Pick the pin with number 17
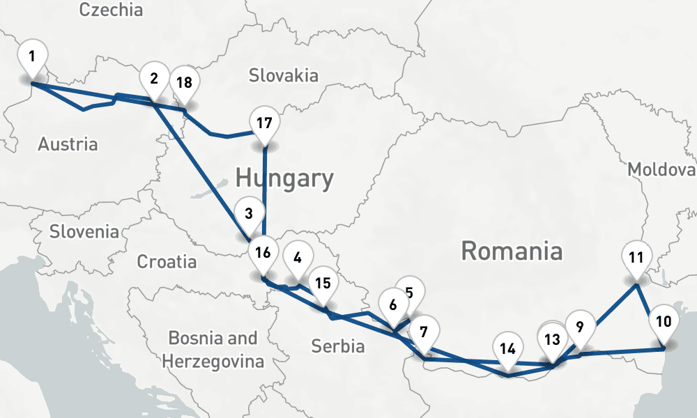point(263,124)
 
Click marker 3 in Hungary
point(249,211)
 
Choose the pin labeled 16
point(263,253)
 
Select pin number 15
point(322,283)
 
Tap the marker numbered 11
point(635,257)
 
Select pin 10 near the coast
point(664,322)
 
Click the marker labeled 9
point(580,325)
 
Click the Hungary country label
point(284,178)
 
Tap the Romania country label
point(512,251)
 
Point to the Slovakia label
point(283,75)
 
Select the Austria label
point(68,144)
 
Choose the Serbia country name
point(337,346)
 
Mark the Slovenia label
point(84,231)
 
